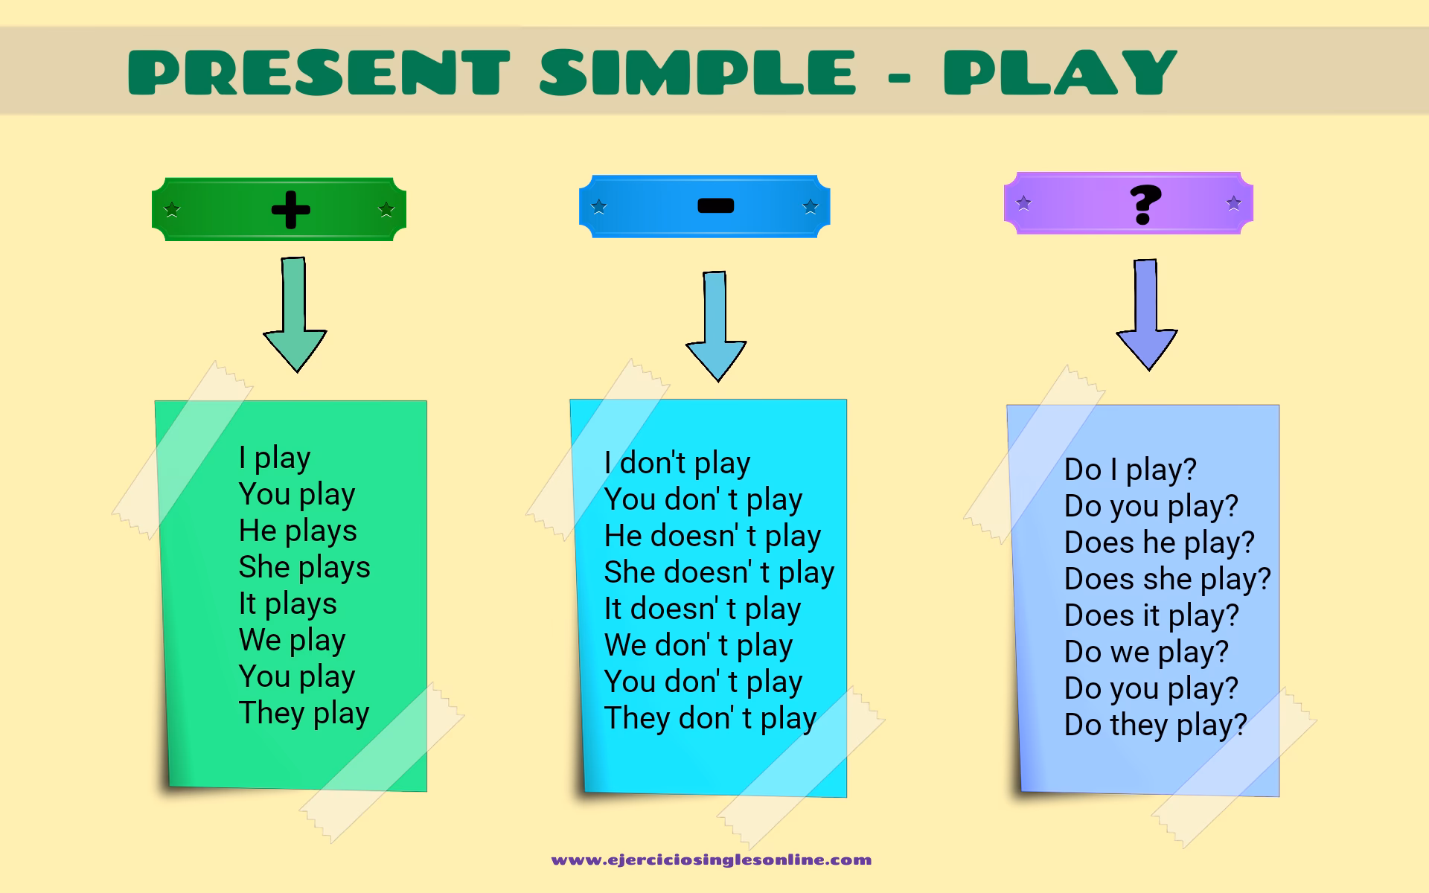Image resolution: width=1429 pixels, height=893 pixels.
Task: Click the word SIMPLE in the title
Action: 698,72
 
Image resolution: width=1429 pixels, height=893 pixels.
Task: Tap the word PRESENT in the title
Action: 319,72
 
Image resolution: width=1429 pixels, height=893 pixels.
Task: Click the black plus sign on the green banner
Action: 290,210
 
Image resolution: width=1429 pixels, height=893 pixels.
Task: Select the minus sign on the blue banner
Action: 715,205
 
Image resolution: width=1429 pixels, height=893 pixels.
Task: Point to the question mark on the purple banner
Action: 1145,204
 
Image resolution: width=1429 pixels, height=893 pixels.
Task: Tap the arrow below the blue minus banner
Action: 716,326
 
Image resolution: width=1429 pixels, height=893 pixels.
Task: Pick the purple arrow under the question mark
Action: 1147,315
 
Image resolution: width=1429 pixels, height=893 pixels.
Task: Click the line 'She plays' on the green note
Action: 304,568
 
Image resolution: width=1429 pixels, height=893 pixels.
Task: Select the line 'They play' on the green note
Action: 304,714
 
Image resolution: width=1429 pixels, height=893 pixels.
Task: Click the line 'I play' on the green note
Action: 274,458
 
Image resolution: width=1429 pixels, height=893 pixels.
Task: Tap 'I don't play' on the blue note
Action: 677,464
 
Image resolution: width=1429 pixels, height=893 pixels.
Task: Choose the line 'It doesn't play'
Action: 703,609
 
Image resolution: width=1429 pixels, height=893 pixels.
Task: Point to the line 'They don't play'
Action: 710,719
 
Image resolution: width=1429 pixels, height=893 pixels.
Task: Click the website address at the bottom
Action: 712,860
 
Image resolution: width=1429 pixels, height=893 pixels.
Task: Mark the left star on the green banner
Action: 172,209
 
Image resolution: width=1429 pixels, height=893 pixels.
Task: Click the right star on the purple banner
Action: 1233,202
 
